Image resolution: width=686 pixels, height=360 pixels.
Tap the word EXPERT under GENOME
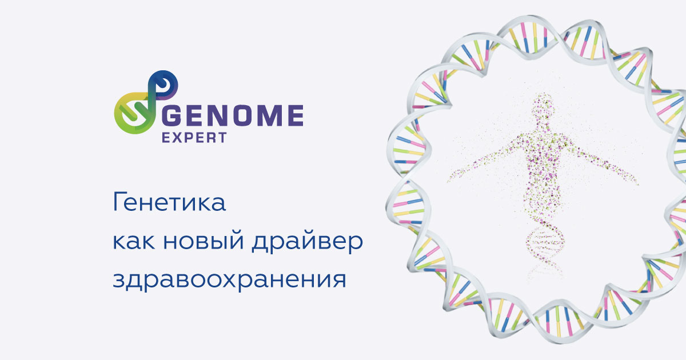pyautogui.click(x=195, y=138)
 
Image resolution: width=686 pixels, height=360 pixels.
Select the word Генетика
pyautogui.click(x=169, y=204)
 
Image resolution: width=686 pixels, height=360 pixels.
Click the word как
pyautogui.click(x=133, y=242)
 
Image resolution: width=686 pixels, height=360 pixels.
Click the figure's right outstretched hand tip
pyautogui.click(x=636, y=181)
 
